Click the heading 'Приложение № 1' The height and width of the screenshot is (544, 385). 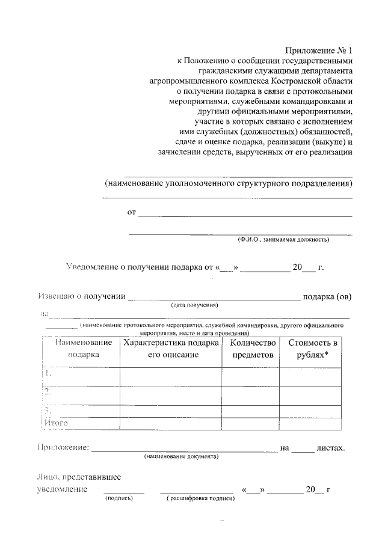(318, 50)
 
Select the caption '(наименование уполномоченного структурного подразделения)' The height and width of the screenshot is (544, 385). (228, 183)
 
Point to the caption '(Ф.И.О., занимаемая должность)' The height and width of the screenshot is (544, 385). (283, 239)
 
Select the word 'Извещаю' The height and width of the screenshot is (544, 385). (55, 296)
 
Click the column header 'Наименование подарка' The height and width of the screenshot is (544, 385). (84, 349)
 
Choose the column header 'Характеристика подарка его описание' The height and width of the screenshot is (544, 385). (170, 349)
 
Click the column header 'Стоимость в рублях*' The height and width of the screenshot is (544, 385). (313, 349)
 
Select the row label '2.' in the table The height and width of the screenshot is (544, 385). (48, 392)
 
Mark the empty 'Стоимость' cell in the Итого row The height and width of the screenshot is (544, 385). (313, 423)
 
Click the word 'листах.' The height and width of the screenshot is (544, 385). (331, 448)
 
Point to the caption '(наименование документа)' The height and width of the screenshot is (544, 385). (181, 456)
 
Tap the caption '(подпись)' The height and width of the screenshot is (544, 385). (119, 498)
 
